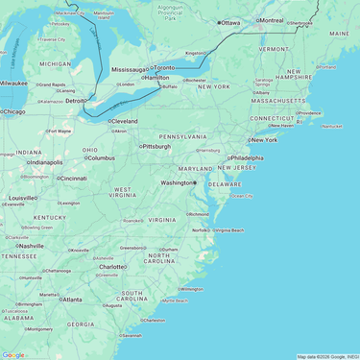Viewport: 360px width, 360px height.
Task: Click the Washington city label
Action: click(176, 182)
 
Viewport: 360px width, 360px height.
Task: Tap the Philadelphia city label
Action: click(247, 157)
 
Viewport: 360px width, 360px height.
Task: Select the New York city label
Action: click(264, 140)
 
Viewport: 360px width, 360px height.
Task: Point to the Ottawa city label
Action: click(230, 21)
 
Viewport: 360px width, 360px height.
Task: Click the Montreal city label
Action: click(272, 20)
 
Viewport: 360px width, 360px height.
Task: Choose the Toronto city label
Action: click(165, 68)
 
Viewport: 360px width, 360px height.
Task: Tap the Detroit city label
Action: click(75, 100)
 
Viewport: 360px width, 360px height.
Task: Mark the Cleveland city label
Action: click(124, 121)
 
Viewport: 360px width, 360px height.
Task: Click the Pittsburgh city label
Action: click(156, 147)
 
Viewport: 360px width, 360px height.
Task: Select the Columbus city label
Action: click(101, 158)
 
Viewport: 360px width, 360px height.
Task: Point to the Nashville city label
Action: click(31, 246)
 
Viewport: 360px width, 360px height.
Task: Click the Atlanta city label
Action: click(71, 300)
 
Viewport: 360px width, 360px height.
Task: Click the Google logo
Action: click(13, 355)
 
